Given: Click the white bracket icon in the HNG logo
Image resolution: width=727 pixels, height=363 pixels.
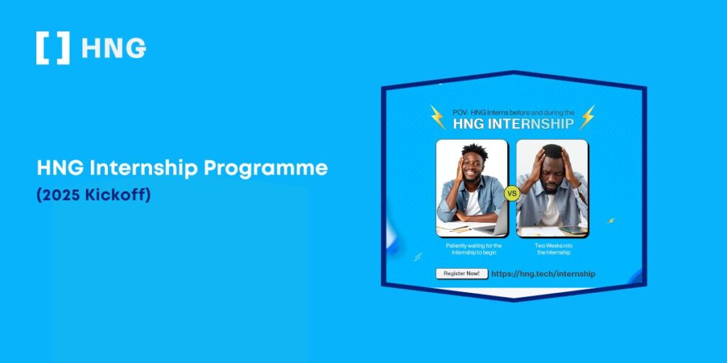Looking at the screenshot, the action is (x=53, y=48).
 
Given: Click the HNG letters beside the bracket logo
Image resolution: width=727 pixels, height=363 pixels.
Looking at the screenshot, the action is (x=114, y=48).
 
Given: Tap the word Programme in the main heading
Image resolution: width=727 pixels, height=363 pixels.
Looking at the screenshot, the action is (x=266, y=169).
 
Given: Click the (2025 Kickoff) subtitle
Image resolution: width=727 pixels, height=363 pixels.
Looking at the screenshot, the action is (x=94, y=196).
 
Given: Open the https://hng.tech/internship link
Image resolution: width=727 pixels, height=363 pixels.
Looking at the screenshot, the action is (x=543, y=274).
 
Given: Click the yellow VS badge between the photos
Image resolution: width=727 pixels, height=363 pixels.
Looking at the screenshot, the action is (x=512, y=194).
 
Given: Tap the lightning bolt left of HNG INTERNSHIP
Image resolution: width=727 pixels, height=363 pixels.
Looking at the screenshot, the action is (x=437, y=117).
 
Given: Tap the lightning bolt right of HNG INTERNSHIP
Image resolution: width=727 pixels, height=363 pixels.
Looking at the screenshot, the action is (x=587, y=117).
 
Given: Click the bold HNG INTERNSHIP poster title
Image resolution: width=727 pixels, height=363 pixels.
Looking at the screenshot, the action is (x=513, y=123).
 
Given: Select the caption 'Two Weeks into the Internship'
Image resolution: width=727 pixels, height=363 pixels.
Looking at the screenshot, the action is (x=554, y=249).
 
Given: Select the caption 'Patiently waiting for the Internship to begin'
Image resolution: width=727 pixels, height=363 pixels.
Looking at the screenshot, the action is (x=474, y=249).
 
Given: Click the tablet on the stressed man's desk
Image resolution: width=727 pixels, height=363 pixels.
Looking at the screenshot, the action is (x=572, y=230).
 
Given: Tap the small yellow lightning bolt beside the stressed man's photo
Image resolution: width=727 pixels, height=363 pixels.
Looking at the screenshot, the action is (x=611, y=221).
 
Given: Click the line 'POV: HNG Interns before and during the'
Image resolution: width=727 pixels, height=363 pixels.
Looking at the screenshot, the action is (x=513, y=112).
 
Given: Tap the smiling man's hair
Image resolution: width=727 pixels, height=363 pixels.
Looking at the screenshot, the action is (x=474, y=152).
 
